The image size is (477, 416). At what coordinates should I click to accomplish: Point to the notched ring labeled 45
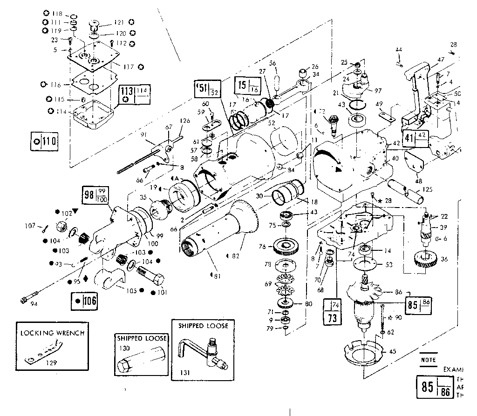(361, 353)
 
